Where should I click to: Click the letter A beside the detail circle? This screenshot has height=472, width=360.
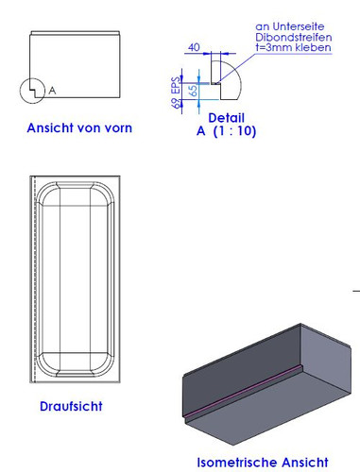53,91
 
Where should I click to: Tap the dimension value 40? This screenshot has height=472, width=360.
195,45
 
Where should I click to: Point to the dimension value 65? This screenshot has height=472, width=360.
194,92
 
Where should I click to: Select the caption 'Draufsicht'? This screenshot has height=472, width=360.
72,407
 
